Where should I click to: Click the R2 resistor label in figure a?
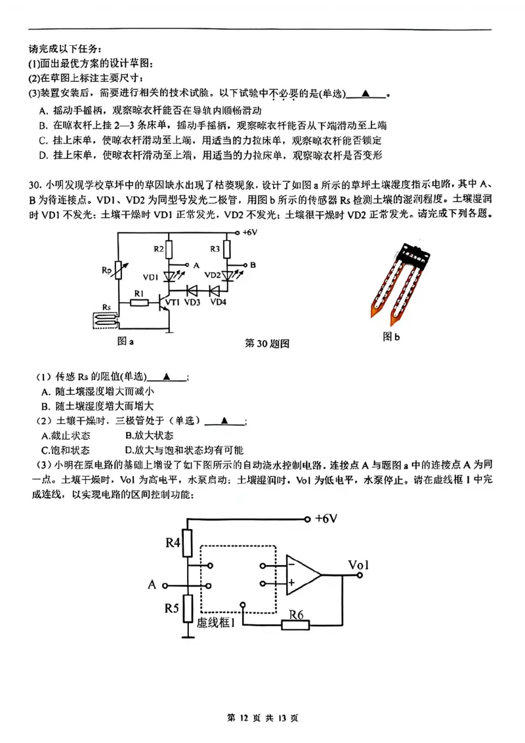[159, 249]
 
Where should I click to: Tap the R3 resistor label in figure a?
[215, 249]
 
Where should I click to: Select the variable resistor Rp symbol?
[118, 269]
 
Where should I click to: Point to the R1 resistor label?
[138, 293]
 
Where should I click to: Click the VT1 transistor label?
[173, 302]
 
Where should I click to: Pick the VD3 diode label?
[192, 302]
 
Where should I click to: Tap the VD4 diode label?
[218, 302]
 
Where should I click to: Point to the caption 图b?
[391, 337]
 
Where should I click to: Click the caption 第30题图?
[267, 343]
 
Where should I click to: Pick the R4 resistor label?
[173, 543]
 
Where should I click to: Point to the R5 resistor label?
[172, 608]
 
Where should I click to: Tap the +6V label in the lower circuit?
[325, 519]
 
